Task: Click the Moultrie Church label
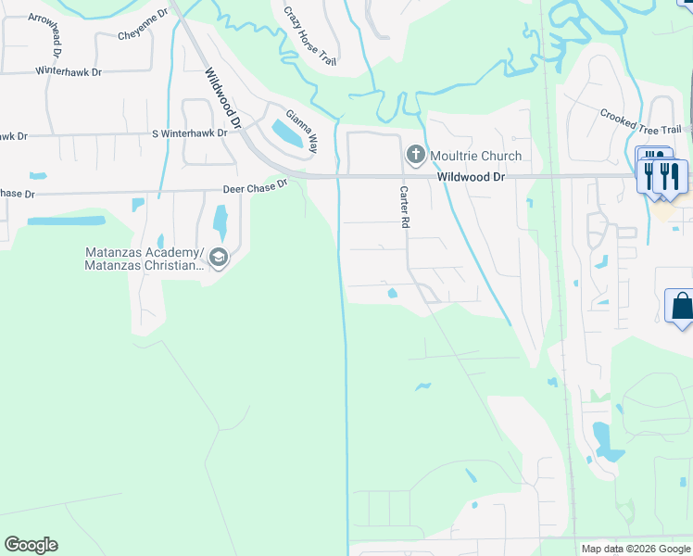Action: coord(474,156)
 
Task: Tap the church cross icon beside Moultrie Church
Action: coord(416,154)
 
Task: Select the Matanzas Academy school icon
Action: coord(219,258)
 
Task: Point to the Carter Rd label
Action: coord(404,207)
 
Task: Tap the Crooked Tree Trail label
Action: coord(640,122)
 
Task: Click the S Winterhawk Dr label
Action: coord(190,133)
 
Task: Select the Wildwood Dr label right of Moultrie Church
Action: coord(470,176)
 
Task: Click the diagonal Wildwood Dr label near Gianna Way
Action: coord(222,97)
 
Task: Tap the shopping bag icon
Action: coord(681,306)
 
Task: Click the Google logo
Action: coord(31,545)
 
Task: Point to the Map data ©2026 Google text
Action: coord(635,549)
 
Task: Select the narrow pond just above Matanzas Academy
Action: coord(220,222)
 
